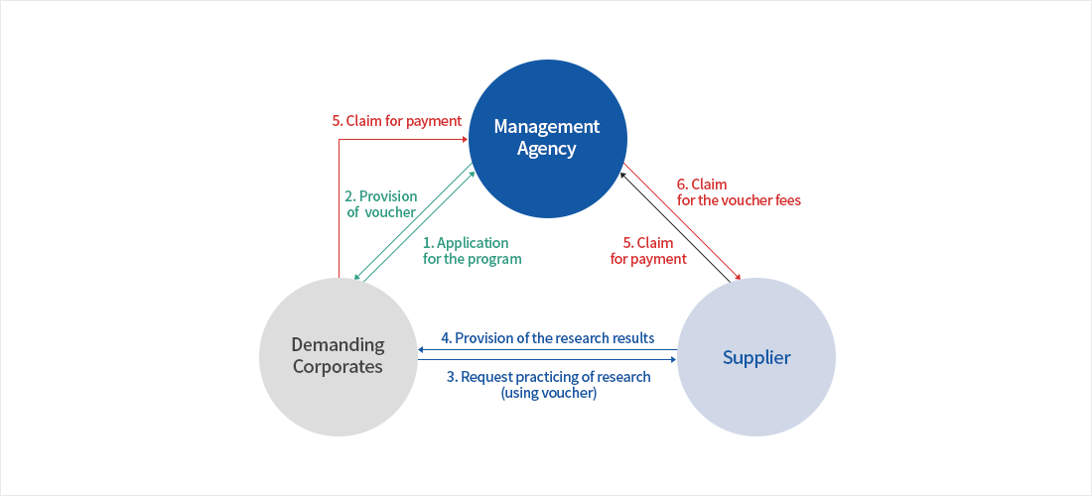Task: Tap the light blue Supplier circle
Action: (756, 397)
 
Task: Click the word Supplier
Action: (756, 357)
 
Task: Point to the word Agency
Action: (547, 149)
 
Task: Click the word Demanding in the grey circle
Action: (338, 345)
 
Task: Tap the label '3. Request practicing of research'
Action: (549, 377)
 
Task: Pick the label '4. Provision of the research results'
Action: (548, 338)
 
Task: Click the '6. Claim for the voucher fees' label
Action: (739, 191)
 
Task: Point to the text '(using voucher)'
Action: (549, 393)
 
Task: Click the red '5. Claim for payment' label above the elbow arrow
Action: (397, 121)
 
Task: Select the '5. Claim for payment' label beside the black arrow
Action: (648, 250)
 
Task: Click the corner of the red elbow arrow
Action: (340, 140)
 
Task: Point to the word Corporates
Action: (338, 367)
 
